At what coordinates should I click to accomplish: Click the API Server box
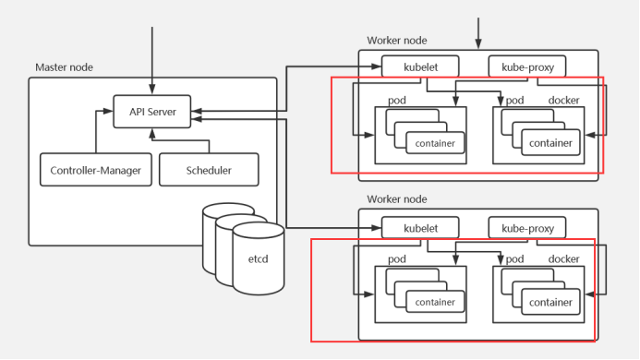pos(151,113)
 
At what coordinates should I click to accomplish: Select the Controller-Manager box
pos(96,170)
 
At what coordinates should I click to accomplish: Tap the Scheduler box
pos(209,170)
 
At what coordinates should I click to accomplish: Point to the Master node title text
pos(64,67)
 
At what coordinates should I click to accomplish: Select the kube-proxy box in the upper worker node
pos(526,66)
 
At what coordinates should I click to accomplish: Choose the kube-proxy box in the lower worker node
pos(526,226)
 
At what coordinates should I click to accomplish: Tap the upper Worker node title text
pos(396,41)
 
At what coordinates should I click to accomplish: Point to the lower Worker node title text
pos(396,199)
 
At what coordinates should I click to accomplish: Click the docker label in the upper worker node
pos(563,100)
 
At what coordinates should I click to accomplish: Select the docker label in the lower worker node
pos(563,259)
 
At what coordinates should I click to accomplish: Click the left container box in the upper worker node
pos(434,143)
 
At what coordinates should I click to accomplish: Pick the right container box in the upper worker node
pos(550,143)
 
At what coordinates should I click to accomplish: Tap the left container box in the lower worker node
pos(434,303)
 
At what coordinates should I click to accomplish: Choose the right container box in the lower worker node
pos(550,303)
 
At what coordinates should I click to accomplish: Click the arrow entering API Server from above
pos(151,60)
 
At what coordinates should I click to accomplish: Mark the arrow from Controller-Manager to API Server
pos(96,129)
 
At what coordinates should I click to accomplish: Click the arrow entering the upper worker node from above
pos(478,32)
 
